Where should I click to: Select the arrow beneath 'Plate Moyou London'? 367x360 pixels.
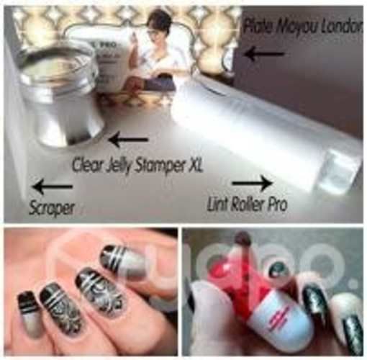click(x=263, y=53)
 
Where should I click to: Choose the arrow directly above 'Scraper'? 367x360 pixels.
click(x=52, y=187)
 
